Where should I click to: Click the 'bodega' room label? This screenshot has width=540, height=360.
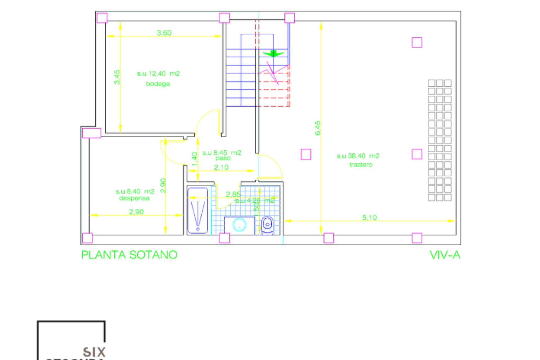158,84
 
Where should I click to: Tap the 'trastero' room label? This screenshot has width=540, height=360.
361,165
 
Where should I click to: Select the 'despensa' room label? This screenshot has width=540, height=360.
134,198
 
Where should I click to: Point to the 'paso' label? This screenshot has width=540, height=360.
223,158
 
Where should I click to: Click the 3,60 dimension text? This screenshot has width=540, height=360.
164,33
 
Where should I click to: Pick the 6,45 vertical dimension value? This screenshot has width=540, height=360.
318,128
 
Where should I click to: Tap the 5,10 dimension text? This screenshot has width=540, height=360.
369,217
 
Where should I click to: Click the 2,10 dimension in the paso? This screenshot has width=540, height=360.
221,167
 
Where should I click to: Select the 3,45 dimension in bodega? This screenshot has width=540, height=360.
117,77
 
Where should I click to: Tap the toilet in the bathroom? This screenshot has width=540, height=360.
267,225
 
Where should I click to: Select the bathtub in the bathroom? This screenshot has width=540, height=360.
198,210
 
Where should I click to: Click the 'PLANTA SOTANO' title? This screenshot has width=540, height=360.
129,255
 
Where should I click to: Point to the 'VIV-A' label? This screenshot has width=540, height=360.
445,255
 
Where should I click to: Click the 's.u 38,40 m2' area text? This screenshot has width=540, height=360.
358,156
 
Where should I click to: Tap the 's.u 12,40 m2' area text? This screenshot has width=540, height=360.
158,74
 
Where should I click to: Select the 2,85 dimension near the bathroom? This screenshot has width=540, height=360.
233,194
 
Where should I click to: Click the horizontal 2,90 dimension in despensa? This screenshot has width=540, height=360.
136,211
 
